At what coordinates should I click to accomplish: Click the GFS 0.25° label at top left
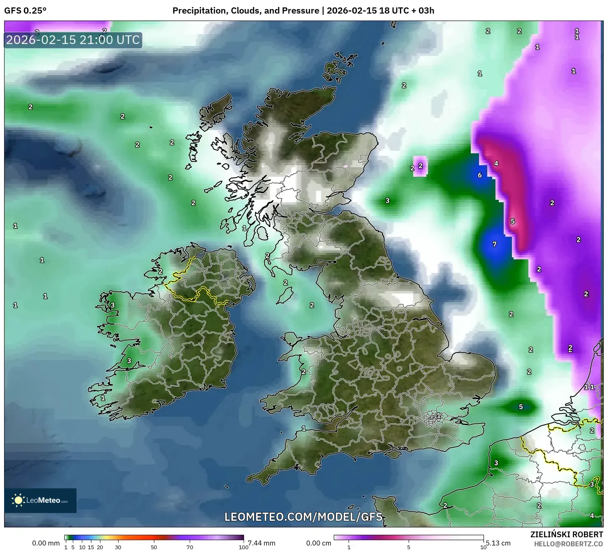coord(25,11)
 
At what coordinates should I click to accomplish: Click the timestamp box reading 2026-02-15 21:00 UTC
coord(73,40)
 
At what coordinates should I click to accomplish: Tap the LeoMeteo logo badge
coord(40,500)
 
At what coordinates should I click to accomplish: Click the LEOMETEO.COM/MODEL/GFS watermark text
coord(303,517)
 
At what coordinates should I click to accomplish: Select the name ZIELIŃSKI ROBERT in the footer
coord(566,534)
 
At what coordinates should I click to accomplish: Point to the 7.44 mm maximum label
coord(262,543)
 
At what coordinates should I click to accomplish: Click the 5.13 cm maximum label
coord(498,543)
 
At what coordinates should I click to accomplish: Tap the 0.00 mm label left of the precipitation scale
coord(46,543)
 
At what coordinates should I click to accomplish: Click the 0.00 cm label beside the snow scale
coord(319,543)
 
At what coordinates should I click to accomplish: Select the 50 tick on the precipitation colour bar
coord(153,547)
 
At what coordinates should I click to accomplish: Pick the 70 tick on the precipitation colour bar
coord(190,547)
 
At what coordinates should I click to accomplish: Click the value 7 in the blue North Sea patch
coord(495,244)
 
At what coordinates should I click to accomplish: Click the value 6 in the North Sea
coord(479,175)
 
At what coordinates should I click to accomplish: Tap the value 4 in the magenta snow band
coord(496,164)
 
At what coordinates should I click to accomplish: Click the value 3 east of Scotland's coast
coord(387,201)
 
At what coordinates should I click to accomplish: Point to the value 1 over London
coord(439,416)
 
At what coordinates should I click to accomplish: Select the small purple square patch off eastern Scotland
coord(420,166)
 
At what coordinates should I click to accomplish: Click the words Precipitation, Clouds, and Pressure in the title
coord(245,11)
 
